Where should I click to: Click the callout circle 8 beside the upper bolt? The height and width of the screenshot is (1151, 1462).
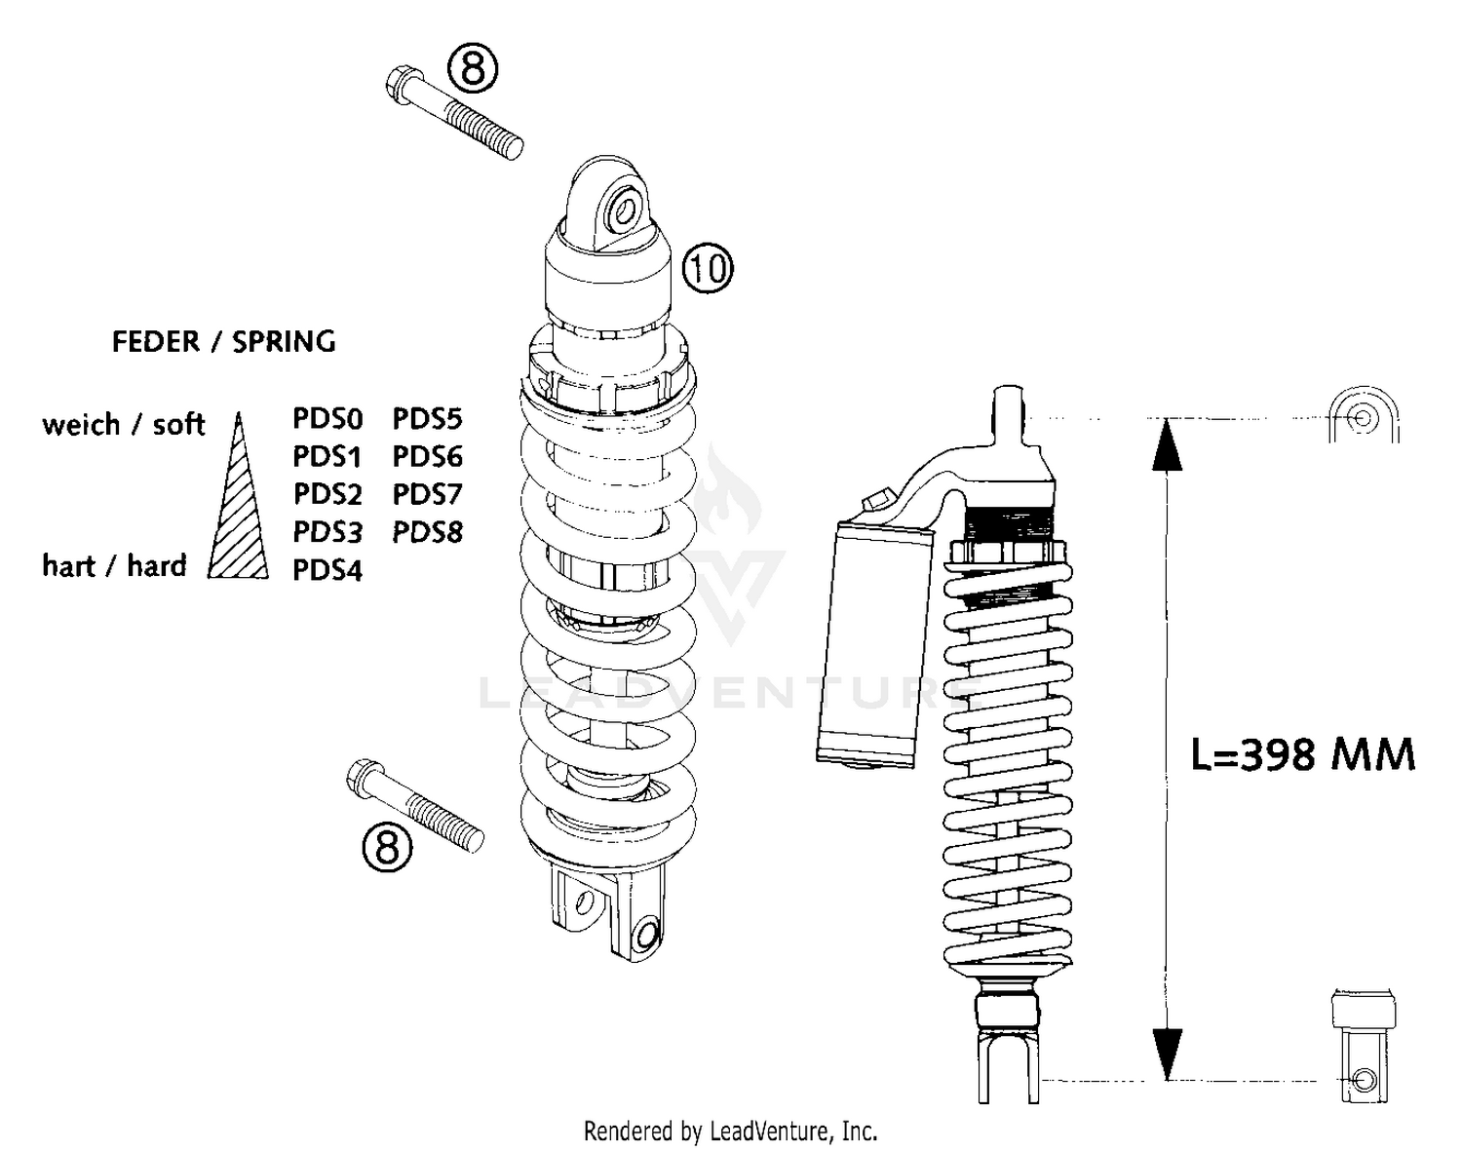(473, 70)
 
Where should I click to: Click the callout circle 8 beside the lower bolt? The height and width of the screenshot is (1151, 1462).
(387, 846)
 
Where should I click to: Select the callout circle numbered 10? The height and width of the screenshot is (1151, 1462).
(707, 267)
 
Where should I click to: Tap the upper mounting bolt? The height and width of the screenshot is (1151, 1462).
(454, 113)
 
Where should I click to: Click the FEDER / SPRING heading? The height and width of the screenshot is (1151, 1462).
(223, 342)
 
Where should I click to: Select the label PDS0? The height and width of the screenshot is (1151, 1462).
(327, 419)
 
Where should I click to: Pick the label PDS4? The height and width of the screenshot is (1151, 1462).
(327, 570)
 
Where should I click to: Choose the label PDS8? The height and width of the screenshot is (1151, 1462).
(427, 532)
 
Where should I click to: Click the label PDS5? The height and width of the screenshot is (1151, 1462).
(427, 419)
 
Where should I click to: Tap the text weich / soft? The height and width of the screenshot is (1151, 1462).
(123, 425)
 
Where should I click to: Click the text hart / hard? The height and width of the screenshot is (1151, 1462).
(113, 566)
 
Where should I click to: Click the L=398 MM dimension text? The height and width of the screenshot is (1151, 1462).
(1302, 754)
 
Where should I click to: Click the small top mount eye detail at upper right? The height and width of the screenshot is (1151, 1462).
(1364, 418)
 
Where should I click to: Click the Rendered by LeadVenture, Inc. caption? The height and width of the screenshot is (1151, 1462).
(730, 1132)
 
